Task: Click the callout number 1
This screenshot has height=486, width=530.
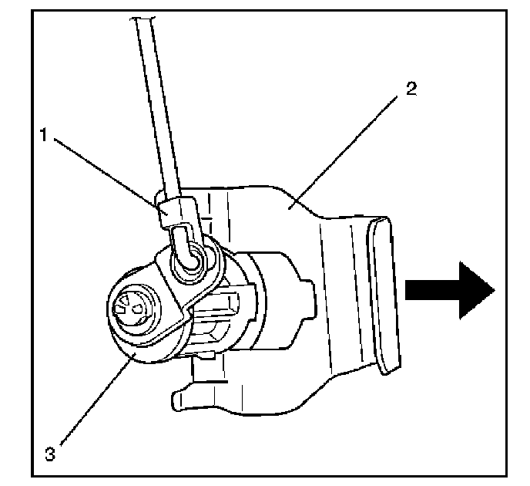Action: pyautogui.click(x=44, y=135)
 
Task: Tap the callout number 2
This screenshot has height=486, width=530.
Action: pyautogui.click(x=411, y=89)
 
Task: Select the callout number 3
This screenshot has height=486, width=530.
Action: pyautogui.click(x=50, y=454)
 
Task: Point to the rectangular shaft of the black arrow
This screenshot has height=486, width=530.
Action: pyautogui.click(x=432, y=290)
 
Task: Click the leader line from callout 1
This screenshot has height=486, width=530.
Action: pyautogui.click(x=111, y=176)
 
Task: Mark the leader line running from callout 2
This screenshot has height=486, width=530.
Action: pyautogui.click(x=343, y=151)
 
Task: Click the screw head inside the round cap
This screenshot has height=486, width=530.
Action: pyautogui.click(x=133, y=309)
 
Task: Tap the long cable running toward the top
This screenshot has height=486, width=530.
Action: pyautogui.click(x=157, y=108)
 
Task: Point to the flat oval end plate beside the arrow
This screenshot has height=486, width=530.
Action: pyautogui.click(x=384, y=295)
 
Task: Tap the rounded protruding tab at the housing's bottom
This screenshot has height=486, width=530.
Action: pyautogui.click(x=183, y=400)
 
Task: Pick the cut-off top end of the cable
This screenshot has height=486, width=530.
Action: pyautogui.click(x=143, y=19)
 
